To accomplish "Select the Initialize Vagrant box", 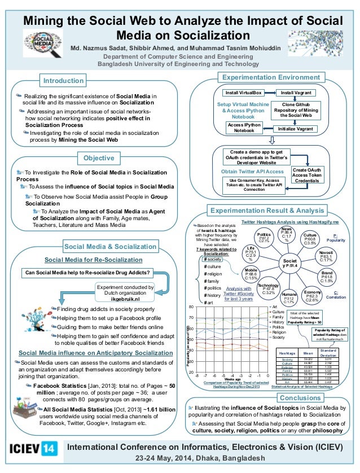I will pyautogui.click(x=296, y=128).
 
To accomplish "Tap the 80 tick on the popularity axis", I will pyautogui.click(x=191, y=306).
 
